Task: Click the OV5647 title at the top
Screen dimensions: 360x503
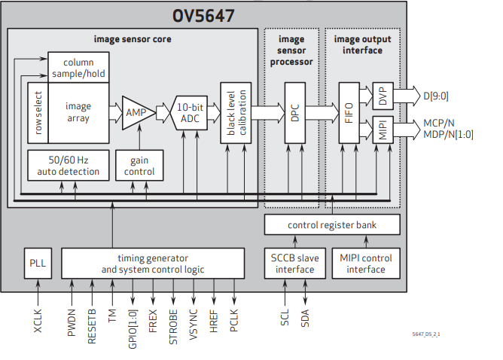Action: point(205,15)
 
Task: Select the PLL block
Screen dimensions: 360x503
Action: point(38,263)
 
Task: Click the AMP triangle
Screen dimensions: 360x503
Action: point(137,112)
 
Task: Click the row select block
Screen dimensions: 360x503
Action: point(38,112)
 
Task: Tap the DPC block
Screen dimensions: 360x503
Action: point(294,112)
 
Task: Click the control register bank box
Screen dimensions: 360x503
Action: point(332,224)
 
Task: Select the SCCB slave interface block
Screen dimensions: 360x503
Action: point(294,263)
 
